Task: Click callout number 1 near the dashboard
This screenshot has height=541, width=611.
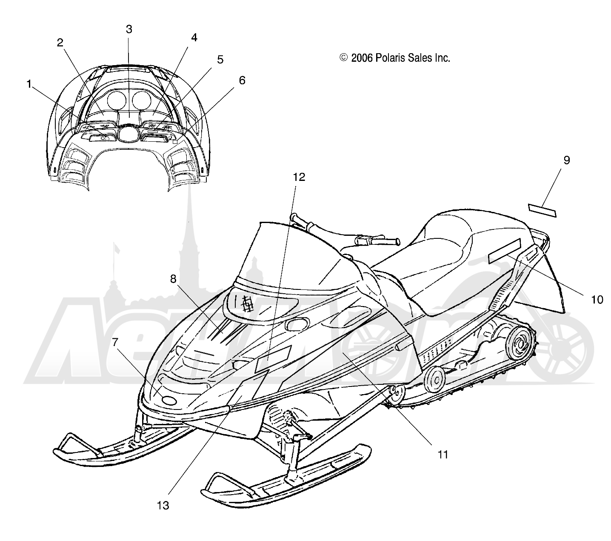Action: pos(29,84)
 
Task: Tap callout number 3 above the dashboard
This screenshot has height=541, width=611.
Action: pos(129,29)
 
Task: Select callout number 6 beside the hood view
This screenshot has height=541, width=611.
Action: pos(242,80)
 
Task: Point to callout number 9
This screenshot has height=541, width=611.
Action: pos(567,160)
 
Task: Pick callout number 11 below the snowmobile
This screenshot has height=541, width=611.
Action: pos(443,463)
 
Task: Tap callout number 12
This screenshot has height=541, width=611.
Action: pos(299,177)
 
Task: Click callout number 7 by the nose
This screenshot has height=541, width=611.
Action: pos(115,342)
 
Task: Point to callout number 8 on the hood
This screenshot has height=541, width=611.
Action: pos(173,279)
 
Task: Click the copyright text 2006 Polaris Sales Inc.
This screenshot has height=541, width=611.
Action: pos(400,57)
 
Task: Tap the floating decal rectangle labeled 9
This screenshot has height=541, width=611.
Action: pos(542,210)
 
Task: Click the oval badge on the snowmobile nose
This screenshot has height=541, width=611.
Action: pos(169,401)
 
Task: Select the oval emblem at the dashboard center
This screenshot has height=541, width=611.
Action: pos(129,133)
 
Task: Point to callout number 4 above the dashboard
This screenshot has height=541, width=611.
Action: pos(194,38)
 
